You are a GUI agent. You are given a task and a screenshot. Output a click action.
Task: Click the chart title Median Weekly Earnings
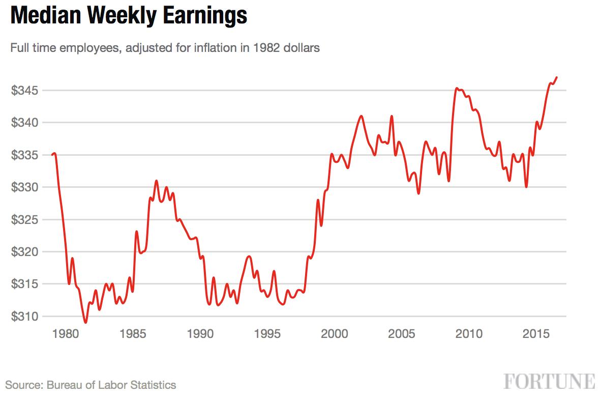[129, 16]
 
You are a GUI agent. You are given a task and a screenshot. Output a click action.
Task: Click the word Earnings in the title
[205, 16]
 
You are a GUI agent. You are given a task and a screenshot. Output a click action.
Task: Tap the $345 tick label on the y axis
[25, 91]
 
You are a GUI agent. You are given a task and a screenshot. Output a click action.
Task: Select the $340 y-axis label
[25, 123]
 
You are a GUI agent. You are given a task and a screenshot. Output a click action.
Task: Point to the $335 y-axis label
[25, 155]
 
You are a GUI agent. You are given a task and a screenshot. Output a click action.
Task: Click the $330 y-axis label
[25, 187]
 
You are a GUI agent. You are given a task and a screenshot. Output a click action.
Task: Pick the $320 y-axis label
[25, 252]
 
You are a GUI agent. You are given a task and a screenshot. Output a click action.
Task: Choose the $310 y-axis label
[25, 316]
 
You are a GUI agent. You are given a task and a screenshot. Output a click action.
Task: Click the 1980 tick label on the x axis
[66, 334]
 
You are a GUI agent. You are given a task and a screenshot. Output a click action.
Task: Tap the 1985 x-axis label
[133, 334]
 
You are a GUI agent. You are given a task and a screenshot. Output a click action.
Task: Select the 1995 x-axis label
[267, 334]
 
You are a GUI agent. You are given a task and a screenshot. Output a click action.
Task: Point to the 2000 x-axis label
[335, 334]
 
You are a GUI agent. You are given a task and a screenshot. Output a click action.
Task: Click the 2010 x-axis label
[469, 334]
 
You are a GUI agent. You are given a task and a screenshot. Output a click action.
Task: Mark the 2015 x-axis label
[536, 334]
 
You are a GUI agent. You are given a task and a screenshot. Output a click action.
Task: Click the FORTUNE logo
[550, 382]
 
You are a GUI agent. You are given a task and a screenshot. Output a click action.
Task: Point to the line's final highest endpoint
[557, 77]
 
